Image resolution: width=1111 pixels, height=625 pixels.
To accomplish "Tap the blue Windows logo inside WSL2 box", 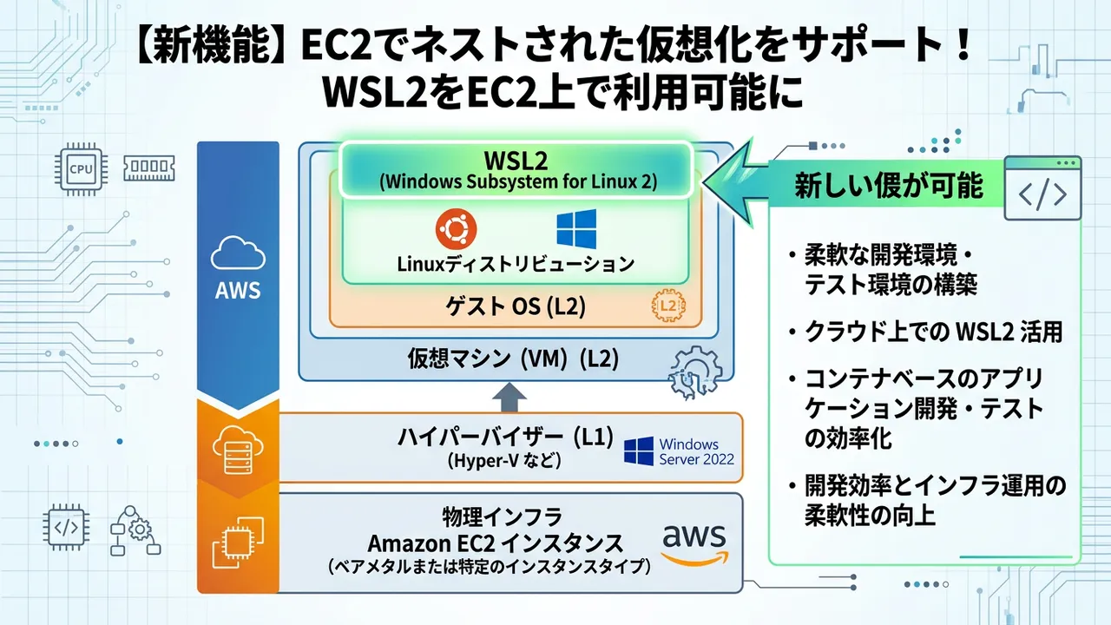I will click(576, 229).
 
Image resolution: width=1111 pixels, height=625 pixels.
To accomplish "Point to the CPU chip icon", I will click(80, 168).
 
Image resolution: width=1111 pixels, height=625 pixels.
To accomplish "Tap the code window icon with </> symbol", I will click(1042, 188).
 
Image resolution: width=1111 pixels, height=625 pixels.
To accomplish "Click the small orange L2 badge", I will click(667, 306).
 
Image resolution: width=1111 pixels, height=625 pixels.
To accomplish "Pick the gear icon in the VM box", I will click(695, 371).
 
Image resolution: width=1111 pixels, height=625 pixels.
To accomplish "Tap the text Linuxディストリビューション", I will click(515, 263).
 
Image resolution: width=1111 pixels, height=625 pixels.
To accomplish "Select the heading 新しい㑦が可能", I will click(889, 186).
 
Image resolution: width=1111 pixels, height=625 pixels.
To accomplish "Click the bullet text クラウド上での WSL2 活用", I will click(934, 332).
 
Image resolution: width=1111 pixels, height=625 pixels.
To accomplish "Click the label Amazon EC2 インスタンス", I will click(496, 543).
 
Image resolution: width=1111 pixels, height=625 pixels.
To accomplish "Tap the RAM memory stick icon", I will click(148, 168).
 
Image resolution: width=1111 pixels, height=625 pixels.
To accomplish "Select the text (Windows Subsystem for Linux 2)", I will click(517, 183).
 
